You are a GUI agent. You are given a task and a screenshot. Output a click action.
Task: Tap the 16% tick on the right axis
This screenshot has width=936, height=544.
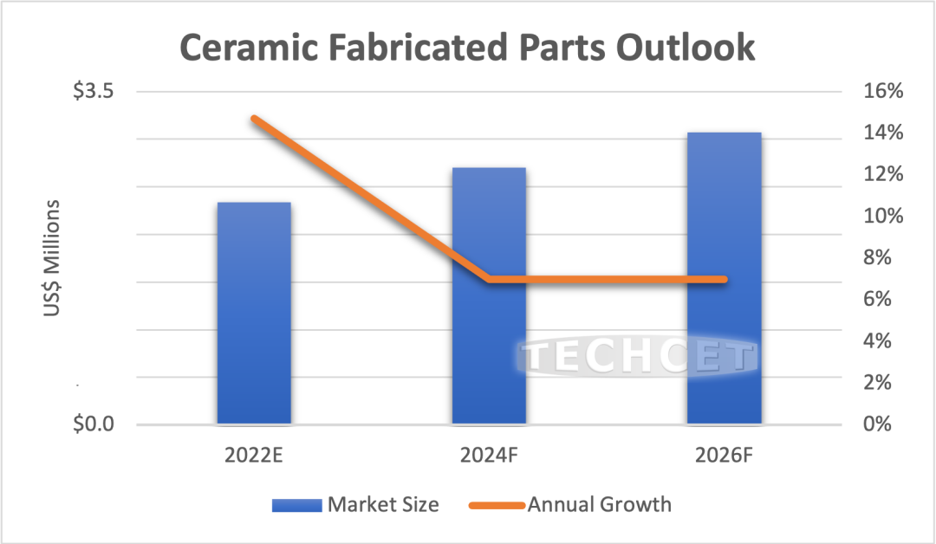click(x=881, y=92)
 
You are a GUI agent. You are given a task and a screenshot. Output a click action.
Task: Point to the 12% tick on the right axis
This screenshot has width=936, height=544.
click(x=881, y=175)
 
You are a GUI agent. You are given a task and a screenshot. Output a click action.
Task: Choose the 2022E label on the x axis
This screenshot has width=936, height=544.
click(x=253, y=456)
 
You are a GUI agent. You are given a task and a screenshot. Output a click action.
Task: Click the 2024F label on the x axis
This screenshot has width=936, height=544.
click(x=489, y=456)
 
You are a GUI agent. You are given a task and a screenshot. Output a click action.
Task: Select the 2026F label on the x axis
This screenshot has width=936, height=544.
click(x=724, y=456)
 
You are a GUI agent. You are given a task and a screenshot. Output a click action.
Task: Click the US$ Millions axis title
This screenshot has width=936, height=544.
click(x=54, y=260)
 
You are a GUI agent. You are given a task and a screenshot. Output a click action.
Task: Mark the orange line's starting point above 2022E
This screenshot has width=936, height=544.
click(x=254, y=118)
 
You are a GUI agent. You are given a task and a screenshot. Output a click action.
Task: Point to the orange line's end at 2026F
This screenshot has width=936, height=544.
click(x=724, y=279)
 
